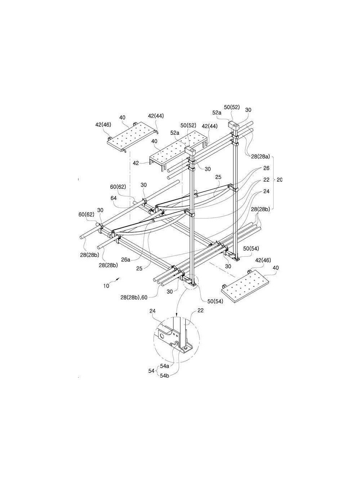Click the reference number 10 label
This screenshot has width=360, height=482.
pyautogui.click(x=106, y=286)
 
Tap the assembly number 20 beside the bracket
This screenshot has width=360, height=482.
pyautogui.click(x=279, y=179)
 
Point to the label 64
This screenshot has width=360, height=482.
pyautogui.click(x=114, y=198)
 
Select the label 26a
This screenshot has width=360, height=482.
pyautogui.click(x=126, y=260)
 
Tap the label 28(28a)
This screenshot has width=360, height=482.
pyautogui.click(x=260, y=156)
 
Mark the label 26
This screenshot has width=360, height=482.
pyautogui.click(x=266, y=168)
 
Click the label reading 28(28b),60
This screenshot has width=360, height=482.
pyautogui.click(x=134, y=298)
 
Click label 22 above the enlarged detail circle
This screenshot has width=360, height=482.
pyautogui.click(x=201, y=310)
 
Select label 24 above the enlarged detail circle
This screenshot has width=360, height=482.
pyautogui.click(x=153, y=311)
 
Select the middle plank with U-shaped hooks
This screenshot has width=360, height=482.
pyautogui.click(x=179, y=151)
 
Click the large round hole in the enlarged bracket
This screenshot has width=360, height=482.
pyautogui.click(x=163, y=336)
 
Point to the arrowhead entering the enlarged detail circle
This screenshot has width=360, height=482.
pyautogui.click(x=176, y=315)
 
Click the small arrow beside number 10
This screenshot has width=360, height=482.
pyautogui.click(x=117, y=279)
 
